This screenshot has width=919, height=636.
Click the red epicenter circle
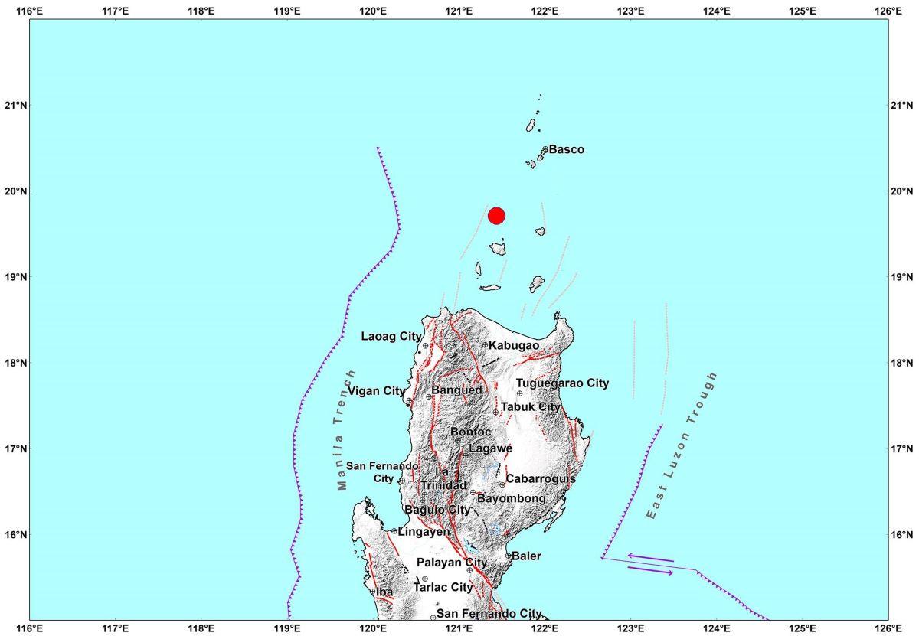point(496,215)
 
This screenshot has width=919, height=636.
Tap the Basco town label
point(566,149)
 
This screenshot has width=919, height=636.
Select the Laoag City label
point(391,336)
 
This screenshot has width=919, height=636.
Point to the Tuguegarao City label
point(562,383)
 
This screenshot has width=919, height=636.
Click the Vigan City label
point(376,391)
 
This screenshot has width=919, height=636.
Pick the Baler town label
point(526,556)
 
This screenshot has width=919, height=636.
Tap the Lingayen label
point(424,531)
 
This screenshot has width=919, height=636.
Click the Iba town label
point(384,592)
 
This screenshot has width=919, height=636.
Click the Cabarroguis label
point(541,478)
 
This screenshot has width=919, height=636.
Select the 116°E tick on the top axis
point(29,10)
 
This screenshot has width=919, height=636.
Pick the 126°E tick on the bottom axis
point(888,627)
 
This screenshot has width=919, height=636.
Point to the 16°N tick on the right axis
point(901,533)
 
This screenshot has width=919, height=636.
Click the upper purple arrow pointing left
point(650,557)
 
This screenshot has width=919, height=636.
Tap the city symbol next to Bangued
point(429,396)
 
